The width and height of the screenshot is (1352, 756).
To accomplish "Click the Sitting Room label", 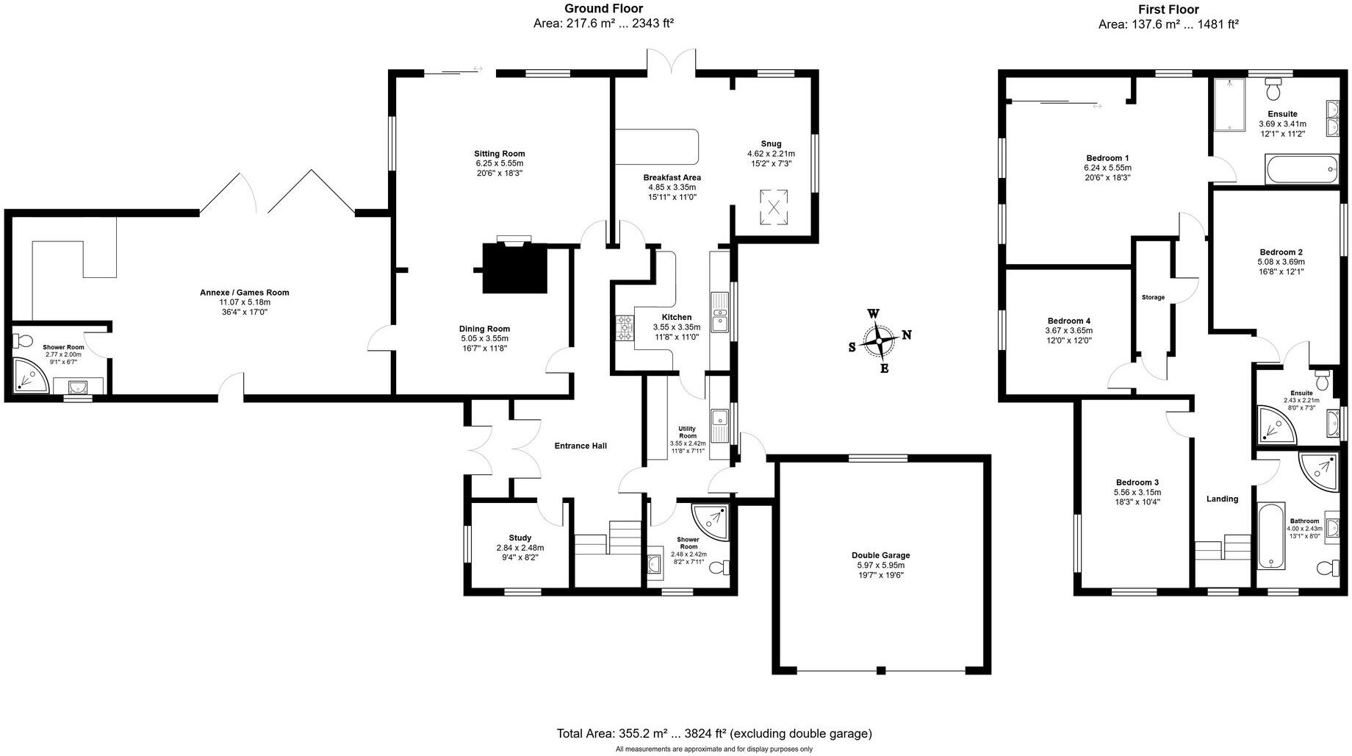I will tap(499, 154).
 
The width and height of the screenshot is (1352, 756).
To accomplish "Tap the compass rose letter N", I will tap(907, 335).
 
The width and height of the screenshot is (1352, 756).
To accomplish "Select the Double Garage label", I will tap(880, 555).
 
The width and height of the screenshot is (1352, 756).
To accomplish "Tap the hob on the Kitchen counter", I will tap(625, 328).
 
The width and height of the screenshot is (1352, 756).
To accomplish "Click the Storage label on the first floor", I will tap(1153, 297).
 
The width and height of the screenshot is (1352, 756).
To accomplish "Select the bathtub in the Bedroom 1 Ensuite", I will tap(1300, 169).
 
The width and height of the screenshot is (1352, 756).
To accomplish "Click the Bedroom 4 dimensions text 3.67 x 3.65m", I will tap(1068, 331).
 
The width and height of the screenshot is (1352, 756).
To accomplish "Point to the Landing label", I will tap(1222, 499).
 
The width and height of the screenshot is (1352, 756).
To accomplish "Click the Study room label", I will tap(519, 538).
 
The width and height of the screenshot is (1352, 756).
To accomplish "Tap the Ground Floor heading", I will tap(603, 9).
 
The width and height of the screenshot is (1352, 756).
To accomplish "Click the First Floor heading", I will tap(1168, 10).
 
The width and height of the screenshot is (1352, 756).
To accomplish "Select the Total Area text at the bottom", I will tap(714, 733).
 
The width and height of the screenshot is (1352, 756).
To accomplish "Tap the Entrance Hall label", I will tap(580, 446).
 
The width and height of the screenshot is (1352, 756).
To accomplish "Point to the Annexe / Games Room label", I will tap(244, 292).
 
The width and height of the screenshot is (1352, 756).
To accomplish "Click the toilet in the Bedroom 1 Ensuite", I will tap(1274, 90).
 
